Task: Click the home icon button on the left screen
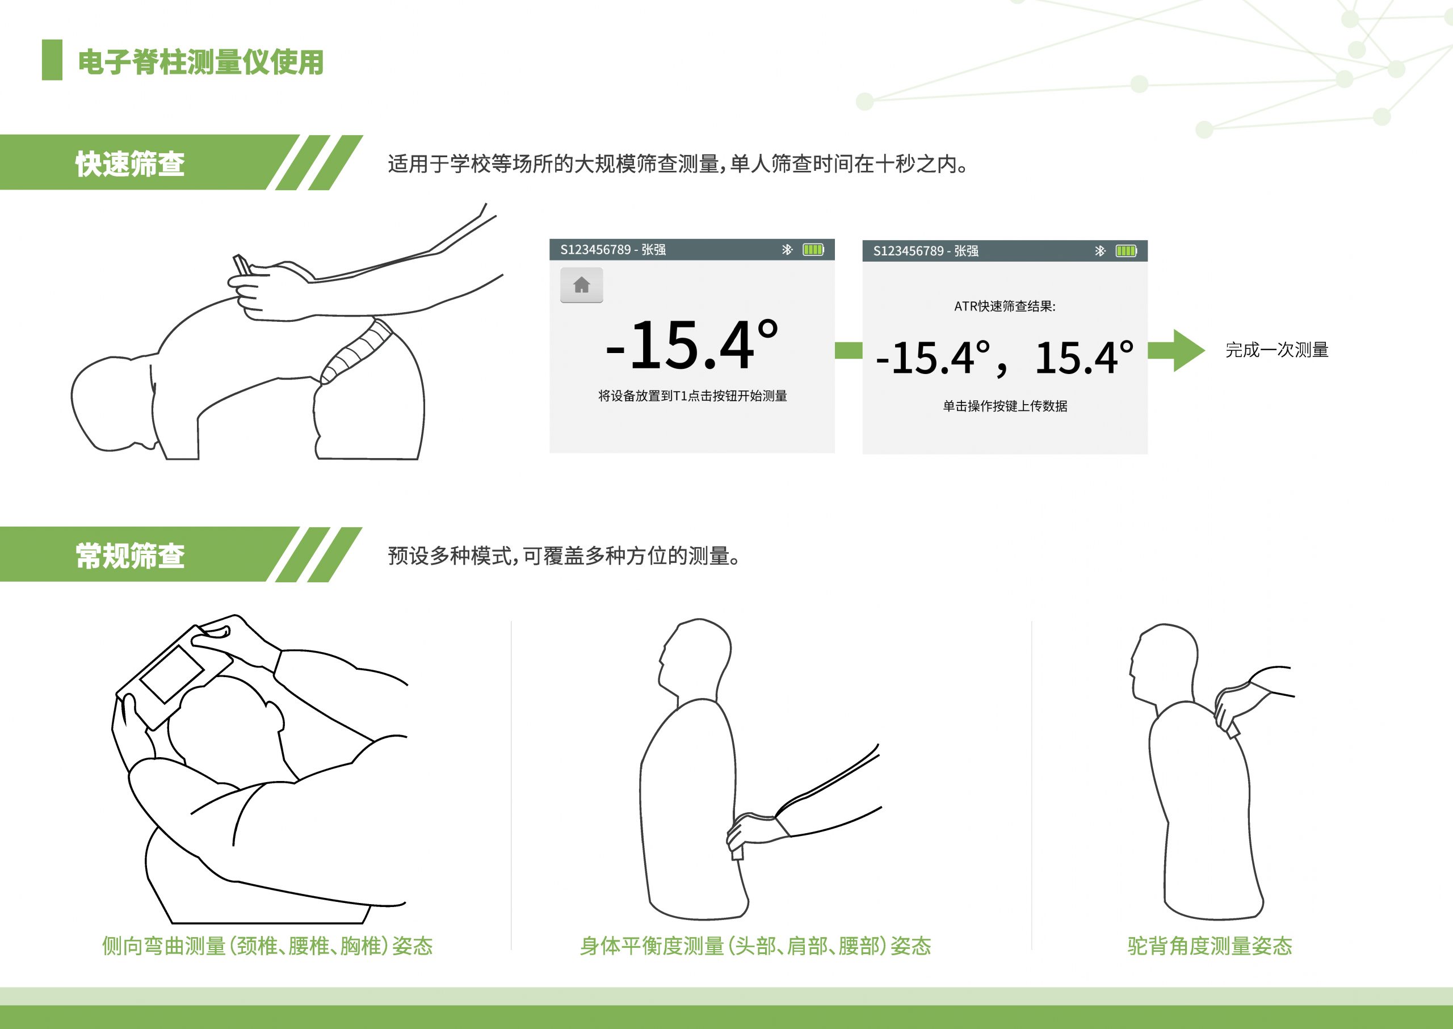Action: pos(581,285)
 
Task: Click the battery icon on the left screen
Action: pos(814,250)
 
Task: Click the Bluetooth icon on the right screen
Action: pos(1100,251)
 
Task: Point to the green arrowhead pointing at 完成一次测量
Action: pos(1189,350)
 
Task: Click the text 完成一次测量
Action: pos(1276,350)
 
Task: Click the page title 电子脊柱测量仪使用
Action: pos(201,62)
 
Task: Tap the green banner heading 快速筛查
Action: pos(130,164)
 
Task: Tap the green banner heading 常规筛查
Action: pos(130,556)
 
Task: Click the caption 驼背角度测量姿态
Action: pos(1209,946)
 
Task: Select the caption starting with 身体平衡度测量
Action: pos(755,946)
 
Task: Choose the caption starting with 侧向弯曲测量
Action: pos(267,946)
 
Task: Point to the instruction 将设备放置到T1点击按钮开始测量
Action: pos(692,396)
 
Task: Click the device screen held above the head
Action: pos(172,673)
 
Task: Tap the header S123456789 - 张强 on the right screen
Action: pos(925,251)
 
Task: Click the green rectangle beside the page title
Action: pos(52,60)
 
